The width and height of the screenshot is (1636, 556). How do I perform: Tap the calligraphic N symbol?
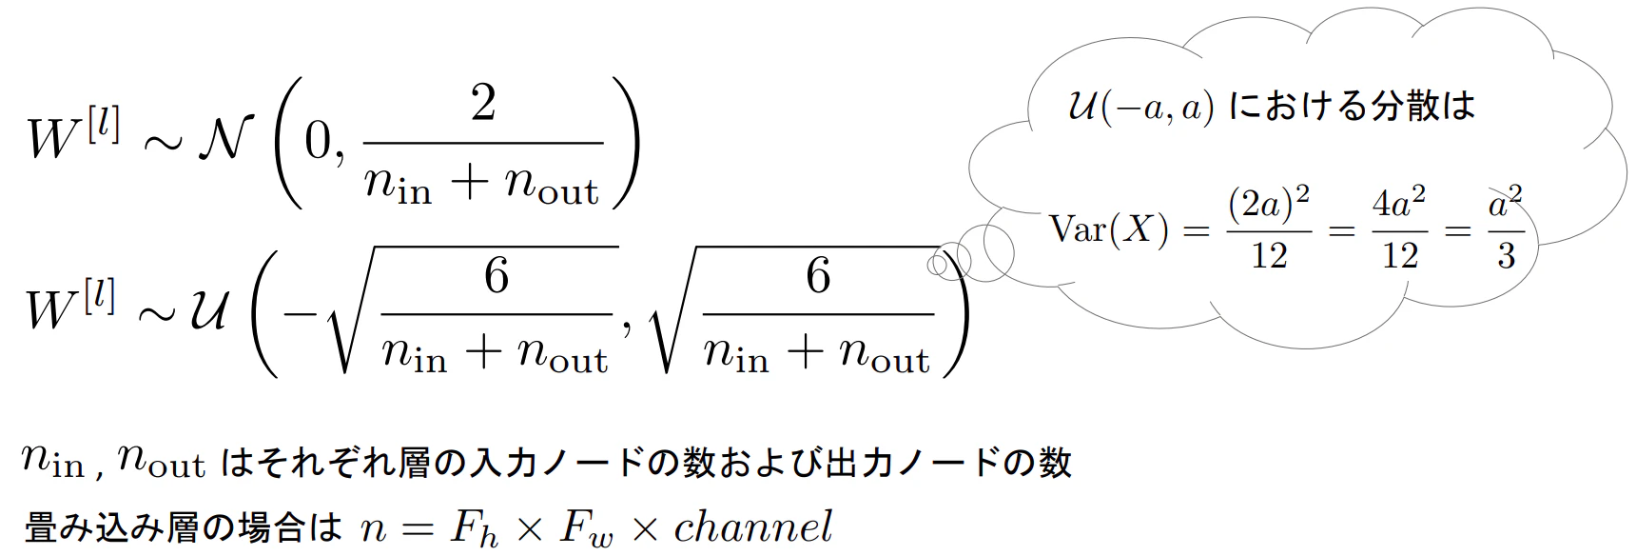pos(226,139)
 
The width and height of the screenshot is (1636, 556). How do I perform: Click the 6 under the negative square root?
pos(497,276)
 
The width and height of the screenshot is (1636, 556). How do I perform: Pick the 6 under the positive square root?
pos(818,276)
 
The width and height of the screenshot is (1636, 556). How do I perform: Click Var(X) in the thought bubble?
pos(1108,229)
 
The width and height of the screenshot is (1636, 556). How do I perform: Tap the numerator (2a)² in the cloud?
pos(1268,203)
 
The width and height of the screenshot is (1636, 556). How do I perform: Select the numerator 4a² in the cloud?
pos(1398,203)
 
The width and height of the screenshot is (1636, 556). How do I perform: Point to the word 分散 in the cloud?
pos(1404,105)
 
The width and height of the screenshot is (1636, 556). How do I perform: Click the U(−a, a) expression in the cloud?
pos(1141,107)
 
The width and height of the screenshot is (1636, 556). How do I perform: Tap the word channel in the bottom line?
pos(753,526)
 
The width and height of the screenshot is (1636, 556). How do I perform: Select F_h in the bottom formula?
pos(475,529)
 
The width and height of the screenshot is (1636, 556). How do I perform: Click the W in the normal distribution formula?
pos(52,140)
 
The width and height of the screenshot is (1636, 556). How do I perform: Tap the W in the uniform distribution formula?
pos(49,309)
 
